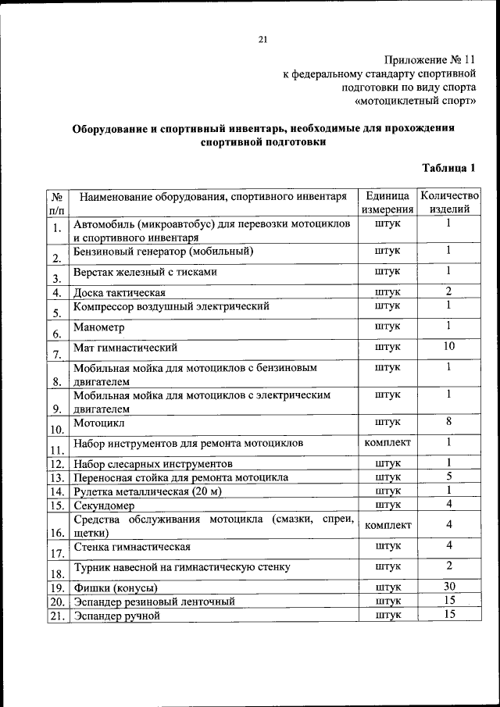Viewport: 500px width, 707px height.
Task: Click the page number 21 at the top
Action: (262, 41)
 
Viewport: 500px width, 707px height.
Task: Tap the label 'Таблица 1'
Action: (448, 168)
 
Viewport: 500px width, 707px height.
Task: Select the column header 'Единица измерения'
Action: (387, 202)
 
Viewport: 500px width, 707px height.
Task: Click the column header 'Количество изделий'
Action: (448, 202)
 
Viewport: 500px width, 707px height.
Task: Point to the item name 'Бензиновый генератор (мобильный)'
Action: (163, 252)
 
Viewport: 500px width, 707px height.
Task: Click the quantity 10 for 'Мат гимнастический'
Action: (448, 346)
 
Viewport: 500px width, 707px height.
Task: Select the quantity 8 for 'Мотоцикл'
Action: (448, 422)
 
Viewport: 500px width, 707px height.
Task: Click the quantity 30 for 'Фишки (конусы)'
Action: (448, 587)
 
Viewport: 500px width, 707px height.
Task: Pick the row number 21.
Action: (57, 616)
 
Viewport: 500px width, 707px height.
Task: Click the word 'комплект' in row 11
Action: (387, 443)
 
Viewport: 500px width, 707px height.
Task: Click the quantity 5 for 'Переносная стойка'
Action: (448, 477)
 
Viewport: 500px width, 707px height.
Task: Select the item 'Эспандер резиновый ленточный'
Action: (154, 602)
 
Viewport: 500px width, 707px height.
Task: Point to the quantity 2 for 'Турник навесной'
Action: (448, 566)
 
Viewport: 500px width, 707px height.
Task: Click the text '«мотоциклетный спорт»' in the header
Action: (415, 102)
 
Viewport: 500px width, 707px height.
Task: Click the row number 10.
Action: (57, 429)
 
